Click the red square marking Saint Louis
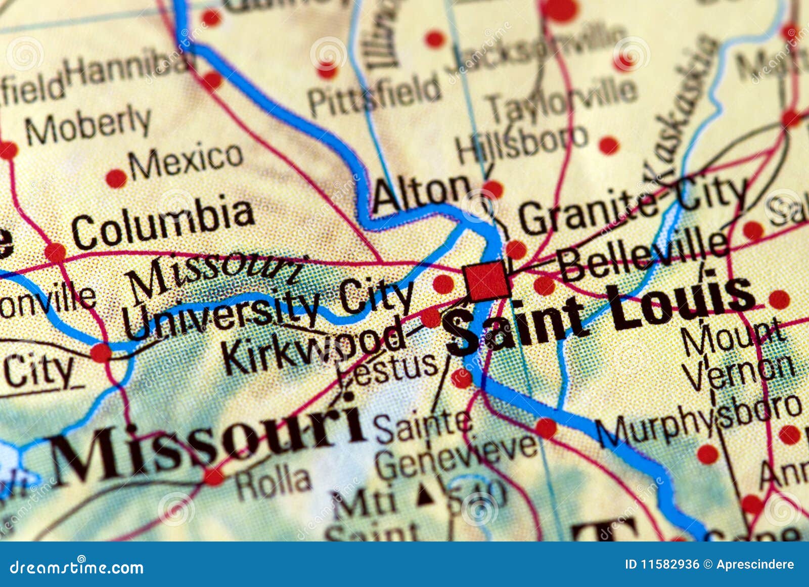(486, 280)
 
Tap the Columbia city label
(162, 222)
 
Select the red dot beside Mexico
(116, 178)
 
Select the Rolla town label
(273, 482)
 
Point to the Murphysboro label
(698, 420)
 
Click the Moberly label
(88, 124)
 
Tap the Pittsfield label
(374, 95)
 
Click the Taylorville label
(561, 99)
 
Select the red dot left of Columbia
(55, 252)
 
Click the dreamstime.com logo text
(76, 567)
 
